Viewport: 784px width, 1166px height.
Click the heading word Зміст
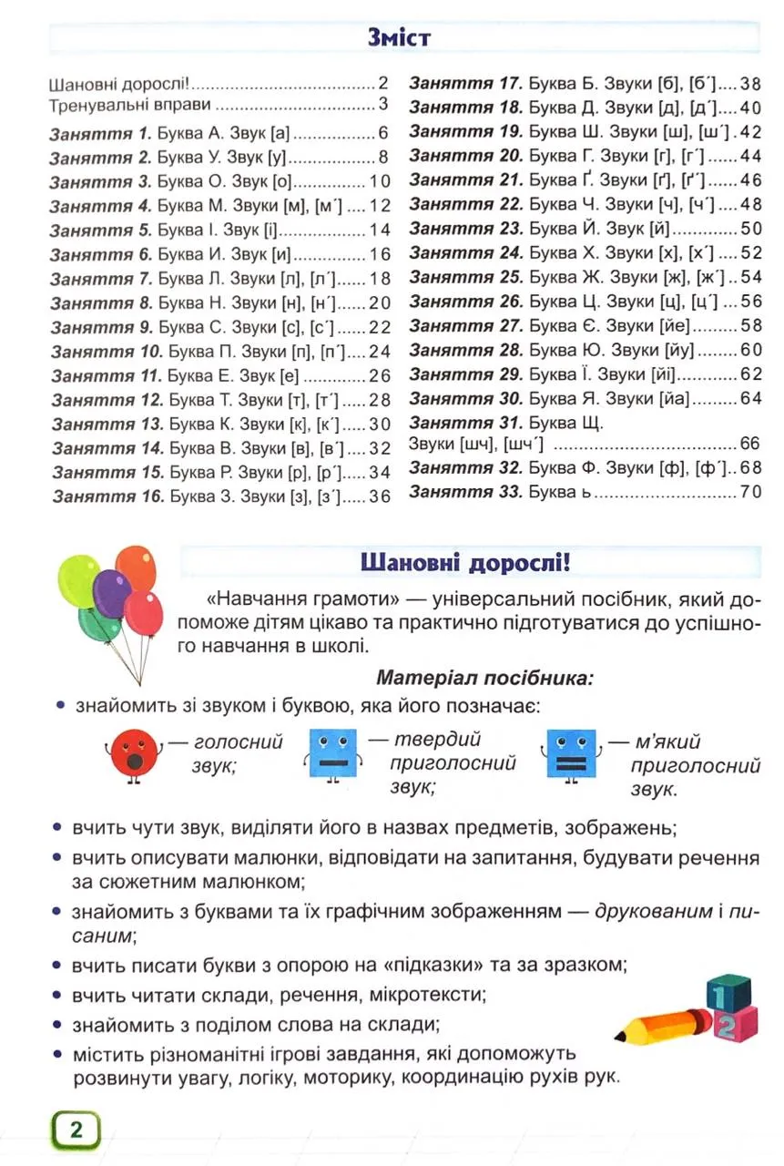[399, 38]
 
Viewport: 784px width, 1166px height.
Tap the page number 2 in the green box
[76, 1131]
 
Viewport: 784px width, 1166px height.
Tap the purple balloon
[111, 593]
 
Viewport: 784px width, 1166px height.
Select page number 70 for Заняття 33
[749, 493]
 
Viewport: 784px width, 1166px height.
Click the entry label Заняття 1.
[99, 133]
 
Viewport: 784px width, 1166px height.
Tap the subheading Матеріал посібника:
[484, 678]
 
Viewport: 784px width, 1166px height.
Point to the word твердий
[436, 739]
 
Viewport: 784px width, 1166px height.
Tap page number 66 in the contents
[749, 445]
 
